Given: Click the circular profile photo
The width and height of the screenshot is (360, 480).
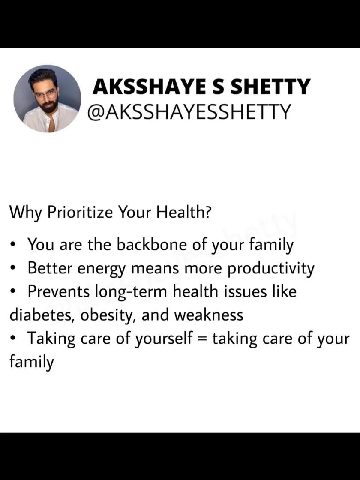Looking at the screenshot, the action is coord(47,99).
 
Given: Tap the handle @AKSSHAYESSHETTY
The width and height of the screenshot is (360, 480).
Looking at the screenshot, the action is coord(189,112).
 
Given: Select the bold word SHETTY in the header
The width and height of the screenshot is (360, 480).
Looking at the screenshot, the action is coord(270,87).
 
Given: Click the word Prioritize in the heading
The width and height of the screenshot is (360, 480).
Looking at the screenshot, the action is coord(80,213).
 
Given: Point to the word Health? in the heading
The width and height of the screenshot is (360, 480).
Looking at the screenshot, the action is coord(184,212).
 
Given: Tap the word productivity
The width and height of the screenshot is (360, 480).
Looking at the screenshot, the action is coord(271,269).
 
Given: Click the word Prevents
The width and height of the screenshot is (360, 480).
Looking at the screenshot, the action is coord(58,291).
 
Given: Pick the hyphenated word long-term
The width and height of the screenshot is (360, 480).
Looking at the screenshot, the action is coord(131,292).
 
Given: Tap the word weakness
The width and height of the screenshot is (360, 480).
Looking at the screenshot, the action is coord(209,315).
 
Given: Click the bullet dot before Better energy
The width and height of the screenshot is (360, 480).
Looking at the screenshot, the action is coord(12,268).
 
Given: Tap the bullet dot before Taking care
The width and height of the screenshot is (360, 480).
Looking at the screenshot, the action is coord(12,339).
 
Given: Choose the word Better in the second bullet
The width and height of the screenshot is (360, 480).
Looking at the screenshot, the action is coord(50,268).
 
